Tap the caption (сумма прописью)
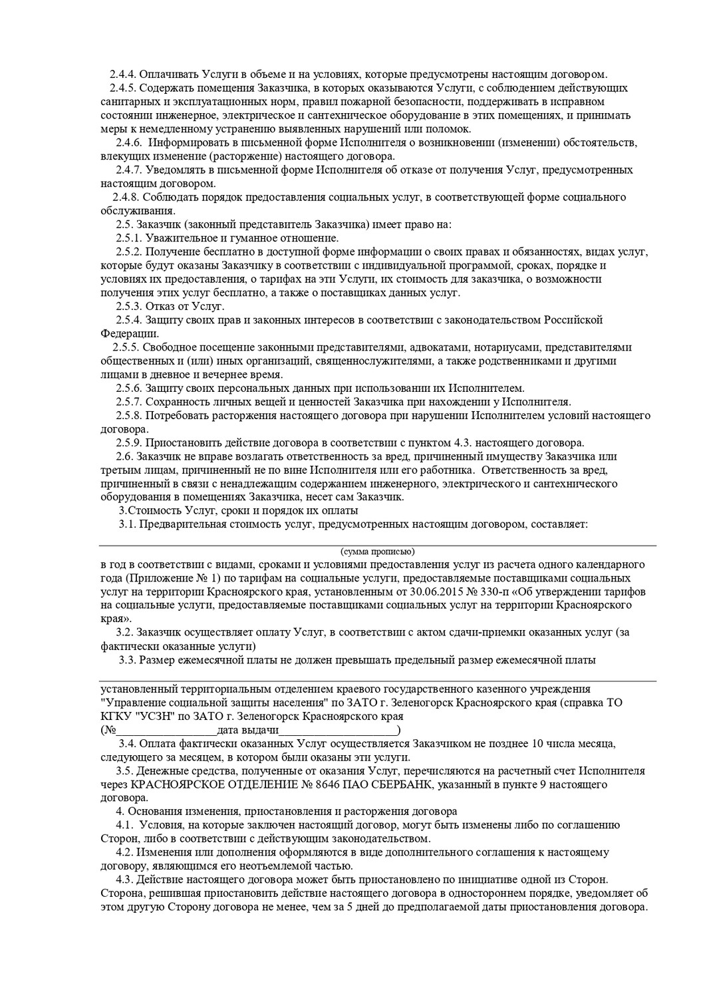coord(377,552)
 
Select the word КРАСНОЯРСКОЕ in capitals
coord(176,785)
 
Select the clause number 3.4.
coord(127,743)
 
